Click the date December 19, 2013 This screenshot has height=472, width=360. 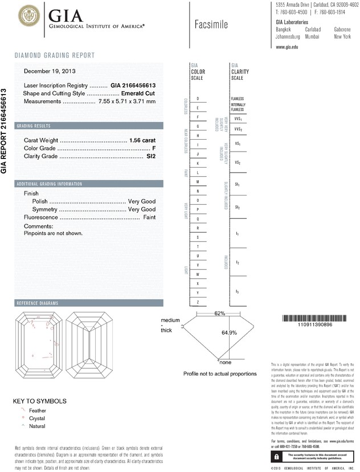pyautogui.click(x=50, y=71)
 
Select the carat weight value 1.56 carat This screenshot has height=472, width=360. pyautogui.click(x=142, y=140)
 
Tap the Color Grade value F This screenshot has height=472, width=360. pyautogui.click(x=154, y=148)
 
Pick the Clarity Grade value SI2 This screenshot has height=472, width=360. pyautogui.click(x=151, y=156)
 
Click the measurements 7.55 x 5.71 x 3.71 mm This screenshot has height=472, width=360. pyautogui.click(x=128, y=101)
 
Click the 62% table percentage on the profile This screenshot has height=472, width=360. pyautogui.click(x=220, y=313)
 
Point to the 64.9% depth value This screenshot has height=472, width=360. pyautogui.click(x=228, y=332)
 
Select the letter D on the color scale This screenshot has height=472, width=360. pyautogui.click(x=197, y=99)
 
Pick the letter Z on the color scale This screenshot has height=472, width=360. pyautogui.click(x=197, y=302)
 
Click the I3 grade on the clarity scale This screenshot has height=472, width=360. pyautogui.click(x=237, y=291)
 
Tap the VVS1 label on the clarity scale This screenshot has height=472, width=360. pyautogui.click(x=238, y=120)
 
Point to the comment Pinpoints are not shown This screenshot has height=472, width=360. pyautogui.click(x=54, y=233)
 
